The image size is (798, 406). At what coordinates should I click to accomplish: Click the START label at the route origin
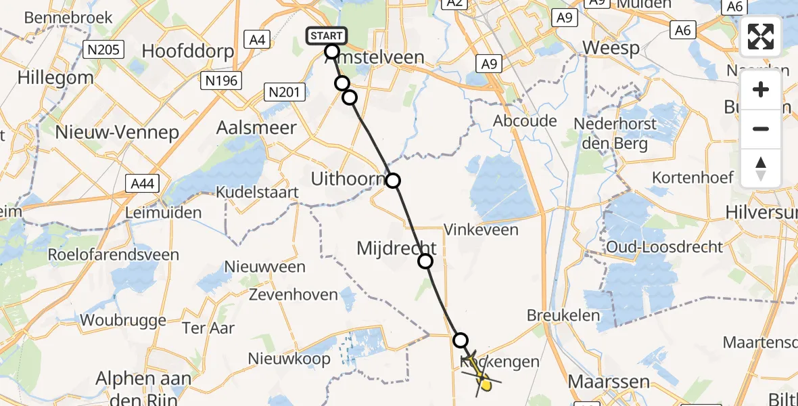327,36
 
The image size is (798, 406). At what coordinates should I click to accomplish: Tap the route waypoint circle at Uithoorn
393,181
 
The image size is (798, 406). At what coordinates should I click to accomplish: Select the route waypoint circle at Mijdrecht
425,261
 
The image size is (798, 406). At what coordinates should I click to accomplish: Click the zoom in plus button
761,89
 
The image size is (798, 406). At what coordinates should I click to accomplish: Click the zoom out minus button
761,129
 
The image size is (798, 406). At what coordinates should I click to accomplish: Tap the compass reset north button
761,168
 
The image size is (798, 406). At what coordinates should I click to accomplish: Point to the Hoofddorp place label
188,51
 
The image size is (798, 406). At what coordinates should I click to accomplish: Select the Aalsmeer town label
256,127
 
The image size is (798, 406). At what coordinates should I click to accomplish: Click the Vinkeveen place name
481,229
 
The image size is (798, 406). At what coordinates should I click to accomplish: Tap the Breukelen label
563,315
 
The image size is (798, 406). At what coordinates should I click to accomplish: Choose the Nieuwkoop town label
289,358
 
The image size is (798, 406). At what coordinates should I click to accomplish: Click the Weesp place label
611,48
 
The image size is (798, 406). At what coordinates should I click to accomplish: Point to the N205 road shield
103,49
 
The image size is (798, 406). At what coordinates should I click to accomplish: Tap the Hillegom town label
55,78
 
